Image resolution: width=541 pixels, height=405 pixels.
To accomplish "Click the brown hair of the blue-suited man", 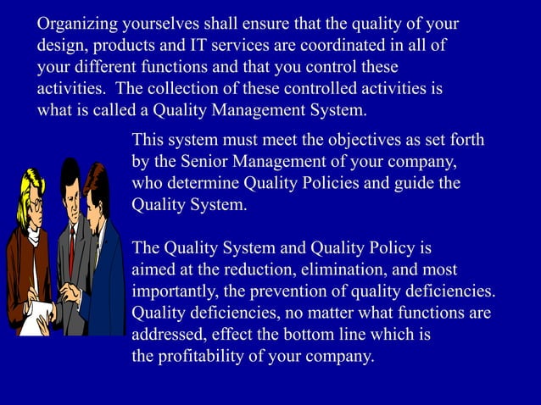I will point(98,182).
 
